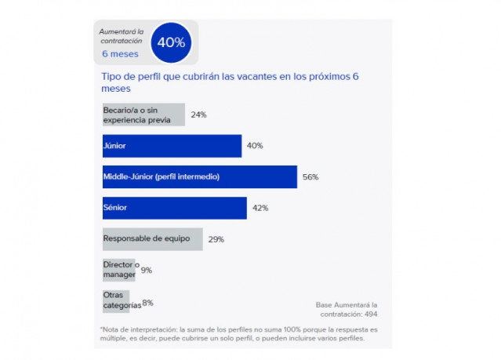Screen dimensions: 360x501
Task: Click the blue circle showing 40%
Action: pos(170,42)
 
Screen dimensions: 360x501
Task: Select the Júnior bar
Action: pos(171,146)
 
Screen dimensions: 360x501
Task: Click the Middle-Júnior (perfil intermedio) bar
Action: pos(199,176)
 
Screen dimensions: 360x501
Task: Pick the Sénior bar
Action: pos(174,208)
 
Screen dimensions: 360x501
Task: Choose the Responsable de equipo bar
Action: pos(152,238)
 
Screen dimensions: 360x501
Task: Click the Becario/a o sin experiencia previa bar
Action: pos(143,115)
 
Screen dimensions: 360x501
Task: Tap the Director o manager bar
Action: pos(119,270)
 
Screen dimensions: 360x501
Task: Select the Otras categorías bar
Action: pos(116,300)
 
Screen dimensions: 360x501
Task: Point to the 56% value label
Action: pos(310,177)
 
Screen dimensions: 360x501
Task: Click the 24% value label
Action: pos(198,115)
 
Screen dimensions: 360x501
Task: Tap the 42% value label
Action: pos(260,208)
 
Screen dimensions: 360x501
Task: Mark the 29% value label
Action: pos(216,239)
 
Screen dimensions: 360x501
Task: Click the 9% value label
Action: pos(146,270)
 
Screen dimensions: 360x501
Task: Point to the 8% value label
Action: pos(147,301)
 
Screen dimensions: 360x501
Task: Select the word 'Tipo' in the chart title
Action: pos(113,77)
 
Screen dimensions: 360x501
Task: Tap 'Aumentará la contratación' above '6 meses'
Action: pos(120,35)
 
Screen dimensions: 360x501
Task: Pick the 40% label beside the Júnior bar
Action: pos(255,146)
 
